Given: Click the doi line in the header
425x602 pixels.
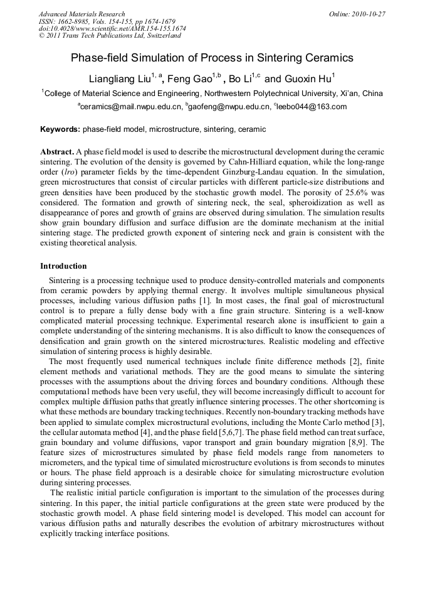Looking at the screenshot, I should point(112,29).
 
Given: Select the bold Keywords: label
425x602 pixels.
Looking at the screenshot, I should point(60,129).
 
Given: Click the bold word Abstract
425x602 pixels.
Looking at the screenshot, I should point(57,153).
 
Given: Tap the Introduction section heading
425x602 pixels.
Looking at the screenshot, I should point(63,266).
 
